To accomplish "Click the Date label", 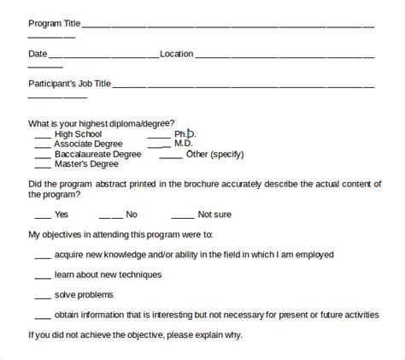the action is [x=37, y=54].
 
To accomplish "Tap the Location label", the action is [x=176, y=54].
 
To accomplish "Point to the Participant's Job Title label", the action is [x=69, y=84].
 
